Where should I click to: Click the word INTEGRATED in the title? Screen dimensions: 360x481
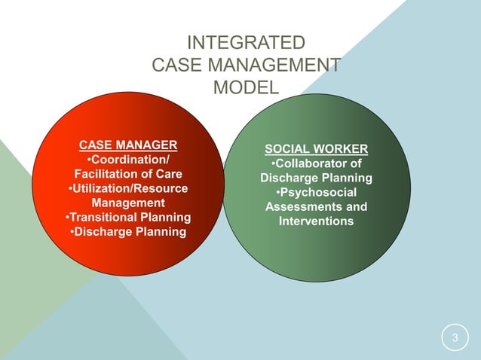tap(246, 41)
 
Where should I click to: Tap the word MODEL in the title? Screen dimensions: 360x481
tap(246, 87)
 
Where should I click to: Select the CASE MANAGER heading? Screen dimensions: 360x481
tap(129, 145)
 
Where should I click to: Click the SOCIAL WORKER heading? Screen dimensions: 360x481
tap(316, 148)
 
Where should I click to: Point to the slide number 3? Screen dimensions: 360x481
tap(455, 337)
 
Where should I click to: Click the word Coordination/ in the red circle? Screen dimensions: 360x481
tap(131, 160)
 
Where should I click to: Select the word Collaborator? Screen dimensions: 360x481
tap(314, 163)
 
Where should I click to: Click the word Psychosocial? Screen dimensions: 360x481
tap(318, 193)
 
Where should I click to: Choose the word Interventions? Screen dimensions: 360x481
tap(316, 221)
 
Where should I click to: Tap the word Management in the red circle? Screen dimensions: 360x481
tap(128, 203)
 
